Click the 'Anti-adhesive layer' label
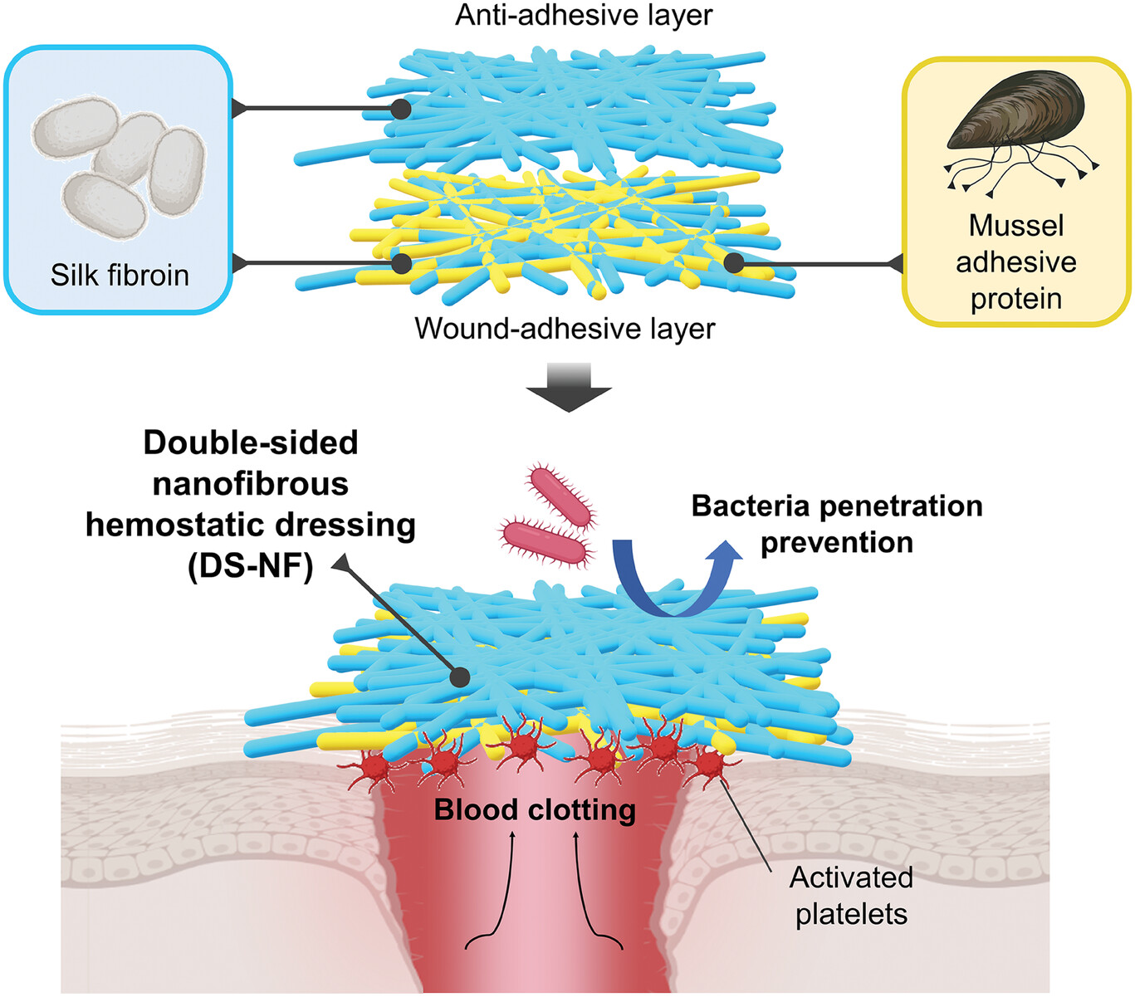point(584,15)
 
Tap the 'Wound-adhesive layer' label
point(565,329)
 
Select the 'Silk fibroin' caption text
point(120,275)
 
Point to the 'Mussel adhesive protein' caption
point(1015,262)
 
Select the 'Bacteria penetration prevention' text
point(836,524)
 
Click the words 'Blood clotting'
point(535,810)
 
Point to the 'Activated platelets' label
point(851,896)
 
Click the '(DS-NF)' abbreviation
point(250,567)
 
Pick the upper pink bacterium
point(561,497)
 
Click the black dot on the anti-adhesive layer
point(400,109)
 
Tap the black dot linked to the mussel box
point(733,263)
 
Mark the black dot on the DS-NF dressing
point(459,677)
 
